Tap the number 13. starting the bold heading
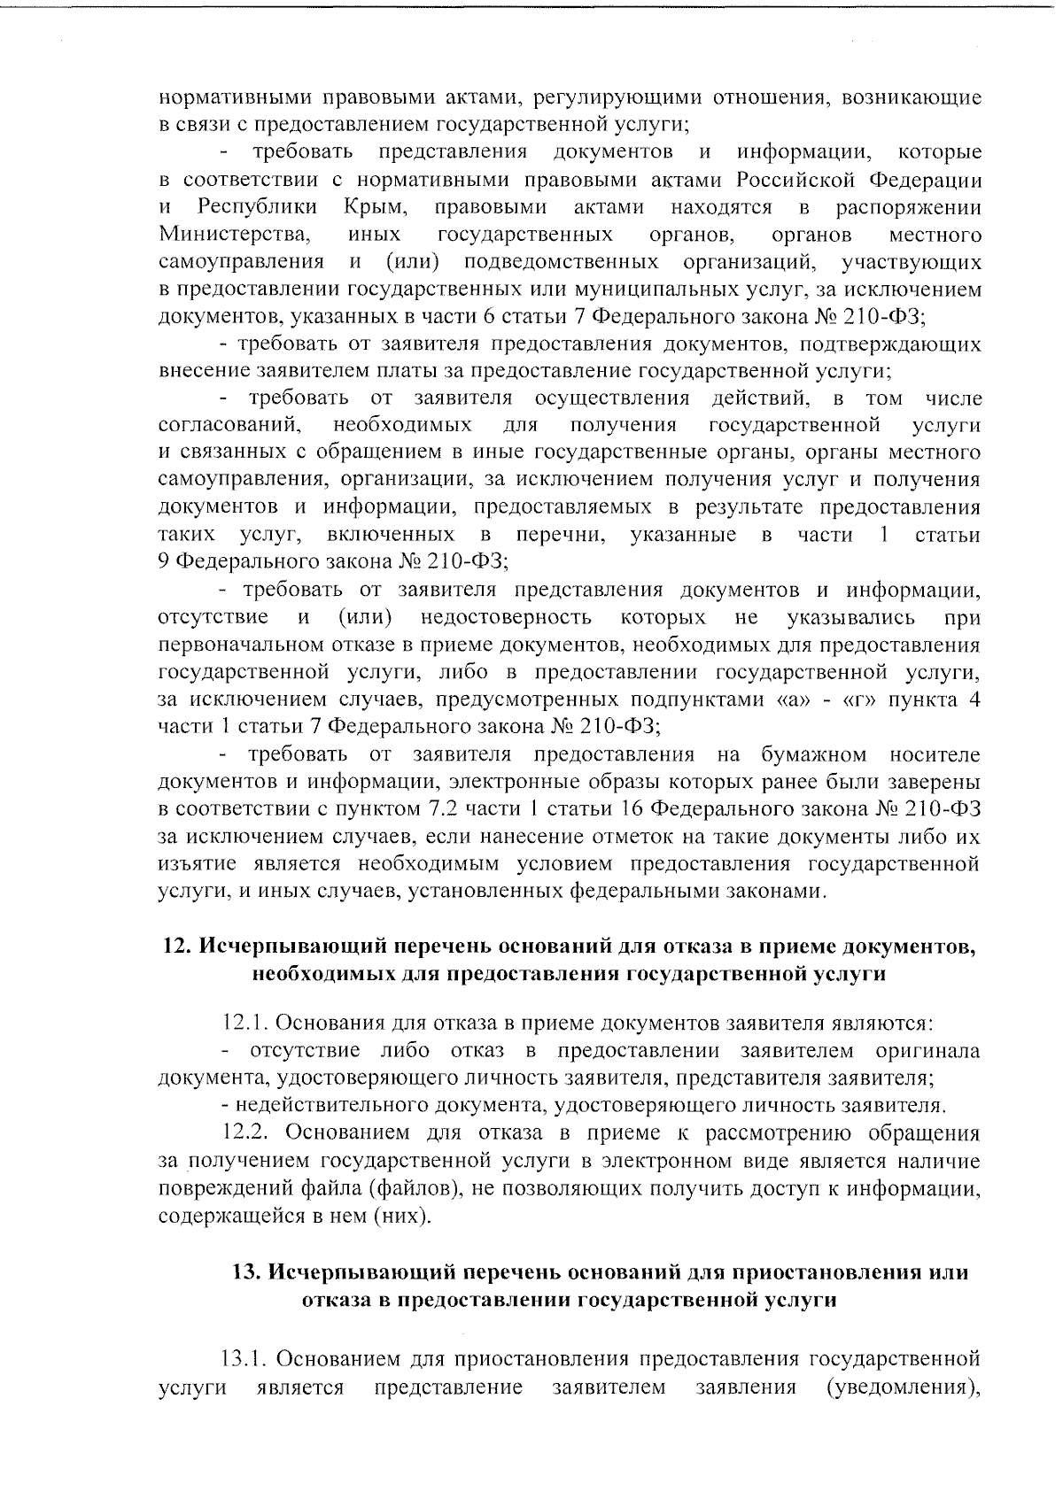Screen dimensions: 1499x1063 click(245, 1273)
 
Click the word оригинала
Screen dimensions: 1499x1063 click(927, 1052)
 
